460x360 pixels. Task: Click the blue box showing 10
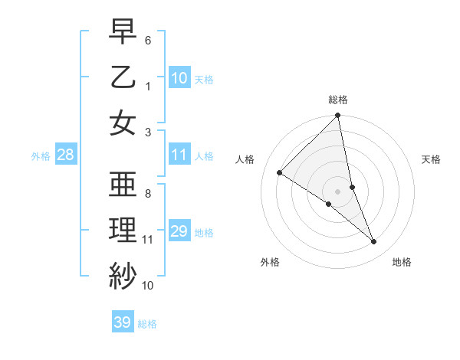(x=179, y=77)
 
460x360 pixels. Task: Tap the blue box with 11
(x=179, y=155)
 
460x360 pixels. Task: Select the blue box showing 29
(x=179, y=231)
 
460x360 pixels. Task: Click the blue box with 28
(x=65, y=155)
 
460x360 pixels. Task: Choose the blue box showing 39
(x=123, y=322)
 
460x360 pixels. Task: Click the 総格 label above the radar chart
(x=338, y=100)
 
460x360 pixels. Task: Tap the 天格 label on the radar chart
(x=432, y=159)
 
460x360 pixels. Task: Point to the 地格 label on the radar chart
(x=402, y=262)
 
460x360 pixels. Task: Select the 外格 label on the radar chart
(x=270, y=262)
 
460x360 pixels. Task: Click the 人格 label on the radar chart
(x=245, y=159)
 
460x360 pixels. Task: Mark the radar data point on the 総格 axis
(x=338, y=116)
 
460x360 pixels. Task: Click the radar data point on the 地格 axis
(x=374, y=241)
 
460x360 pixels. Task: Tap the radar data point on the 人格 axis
(x=280, y=173)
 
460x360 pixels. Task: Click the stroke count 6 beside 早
(x=148, y=39)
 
